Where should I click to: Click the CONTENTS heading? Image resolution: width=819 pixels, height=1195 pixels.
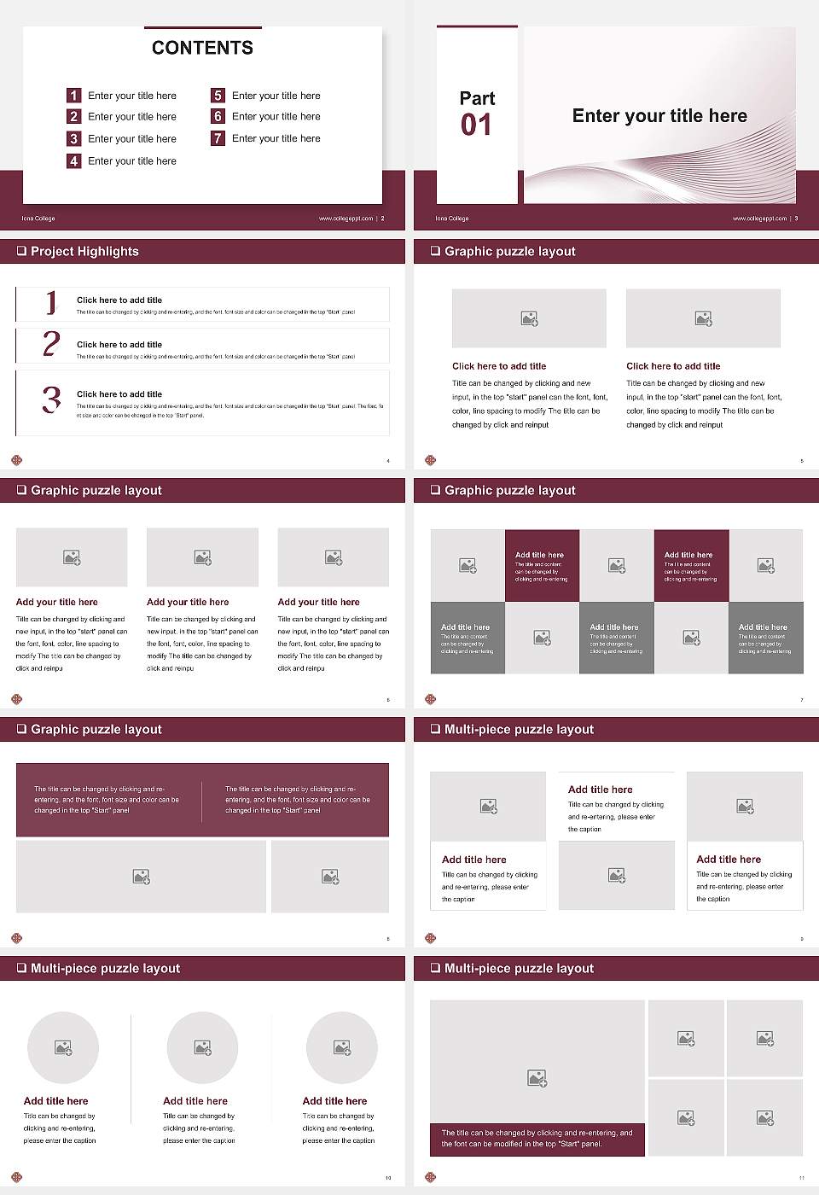tap(202, 48)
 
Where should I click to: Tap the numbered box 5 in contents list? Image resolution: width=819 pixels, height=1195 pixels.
tap(218, 96)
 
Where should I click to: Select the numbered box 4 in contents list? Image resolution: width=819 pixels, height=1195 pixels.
tap(73, 160)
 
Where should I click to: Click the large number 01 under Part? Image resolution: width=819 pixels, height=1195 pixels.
tap(476, 125)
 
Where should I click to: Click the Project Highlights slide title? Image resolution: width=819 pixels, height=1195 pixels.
tap(84, 251)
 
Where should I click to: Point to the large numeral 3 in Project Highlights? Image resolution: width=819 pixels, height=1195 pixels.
tap(51, 399)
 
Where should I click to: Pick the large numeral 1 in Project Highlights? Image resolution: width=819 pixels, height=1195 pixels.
tap(51, 303)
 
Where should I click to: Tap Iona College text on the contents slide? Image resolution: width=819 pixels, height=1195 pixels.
tap(38, 219)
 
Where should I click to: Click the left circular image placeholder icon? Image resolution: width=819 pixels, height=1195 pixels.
tap(63, 1047)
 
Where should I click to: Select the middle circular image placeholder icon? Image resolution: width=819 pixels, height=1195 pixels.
tap(202, 1047)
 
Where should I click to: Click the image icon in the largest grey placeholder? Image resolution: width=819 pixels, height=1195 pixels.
tap(537, 1079)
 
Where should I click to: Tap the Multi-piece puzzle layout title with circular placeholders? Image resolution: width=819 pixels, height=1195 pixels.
tap(105, 968)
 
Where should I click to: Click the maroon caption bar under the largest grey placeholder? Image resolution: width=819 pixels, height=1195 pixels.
tap(537, 1139)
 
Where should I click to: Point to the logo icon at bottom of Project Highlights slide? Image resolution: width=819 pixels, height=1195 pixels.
tap(16, 460)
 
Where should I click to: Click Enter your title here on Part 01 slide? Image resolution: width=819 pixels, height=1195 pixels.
tap(659, 116)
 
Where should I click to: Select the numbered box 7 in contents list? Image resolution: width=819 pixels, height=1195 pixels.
tap(218, 138)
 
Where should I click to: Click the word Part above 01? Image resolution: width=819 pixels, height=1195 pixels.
tap(477, 98)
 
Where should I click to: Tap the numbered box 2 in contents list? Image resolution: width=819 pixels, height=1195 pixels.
tap(73, 116)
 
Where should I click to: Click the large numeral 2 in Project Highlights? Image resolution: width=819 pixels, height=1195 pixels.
tap(51, 343)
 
